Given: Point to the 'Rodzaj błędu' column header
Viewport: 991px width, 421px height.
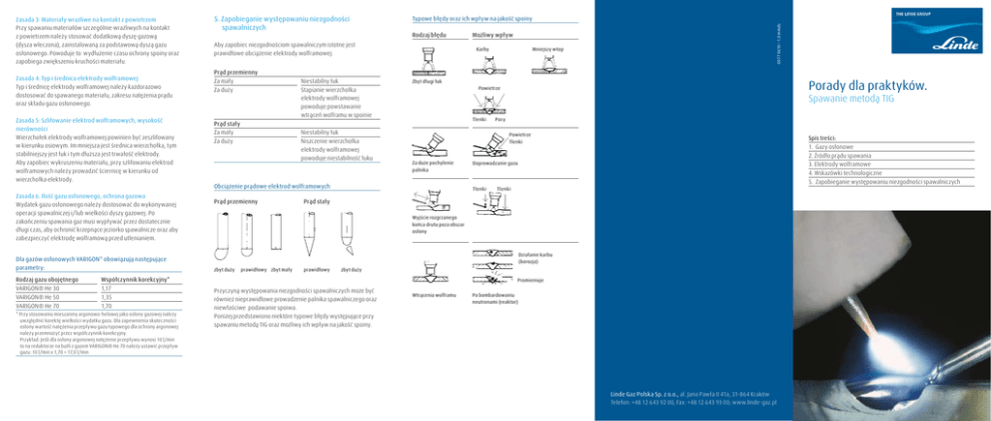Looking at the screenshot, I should (429, 35).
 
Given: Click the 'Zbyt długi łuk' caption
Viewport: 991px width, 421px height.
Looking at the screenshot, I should (427, 82).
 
